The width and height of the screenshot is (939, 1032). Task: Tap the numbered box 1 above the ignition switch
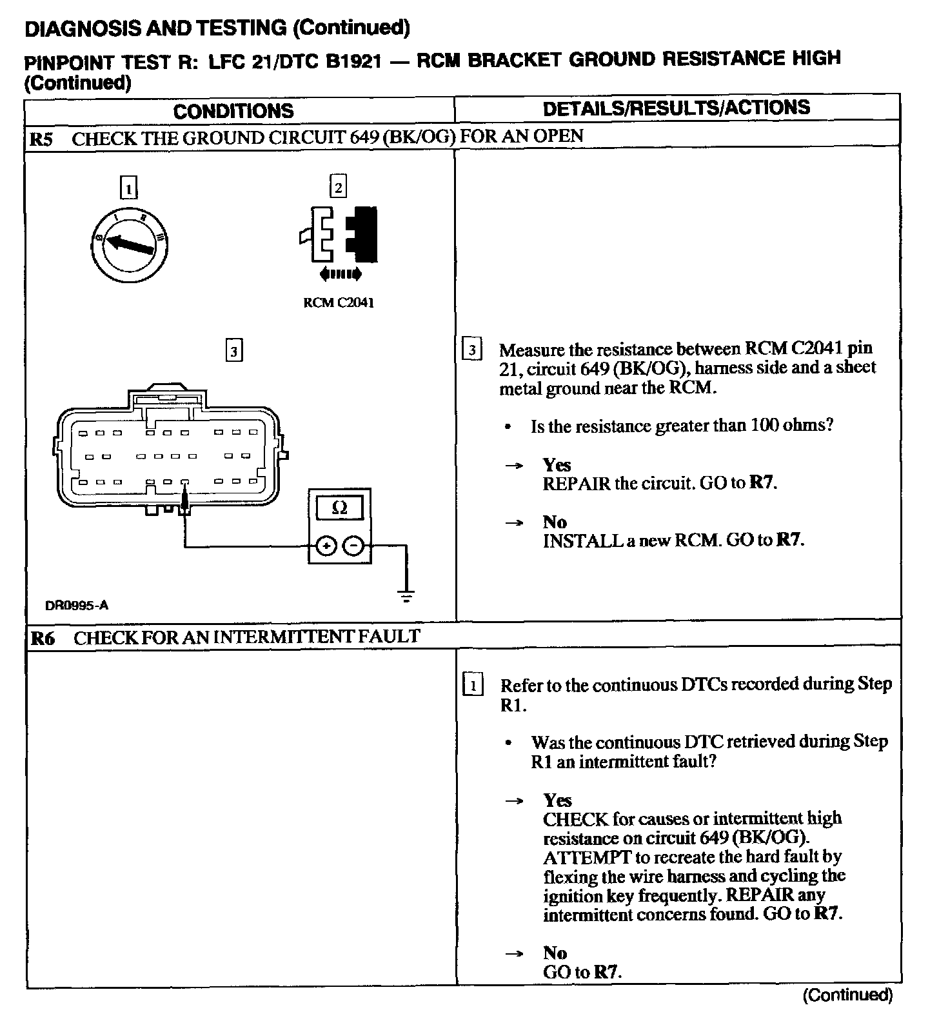(129, 188)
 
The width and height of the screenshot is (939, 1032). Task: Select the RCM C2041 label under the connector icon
(338, 303)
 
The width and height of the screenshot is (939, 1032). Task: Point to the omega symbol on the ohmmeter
(339, 508)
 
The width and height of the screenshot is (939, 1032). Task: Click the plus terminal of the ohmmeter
(326, 546)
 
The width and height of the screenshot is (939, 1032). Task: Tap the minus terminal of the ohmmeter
(353, 546)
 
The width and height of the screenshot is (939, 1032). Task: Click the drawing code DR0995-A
(77, 606)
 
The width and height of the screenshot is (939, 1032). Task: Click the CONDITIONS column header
(233, 111)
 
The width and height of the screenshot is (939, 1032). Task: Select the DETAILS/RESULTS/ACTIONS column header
(677, 108)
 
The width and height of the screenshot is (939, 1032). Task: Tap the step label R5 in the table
(42, 139)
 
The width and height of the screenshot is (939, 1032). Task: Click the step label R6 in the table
(43, 639)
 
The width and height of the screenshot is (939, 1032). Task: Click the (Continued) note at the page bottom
(847, 995)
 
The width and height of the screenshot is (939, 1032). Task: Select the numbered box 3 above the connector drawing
(234, 351)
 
